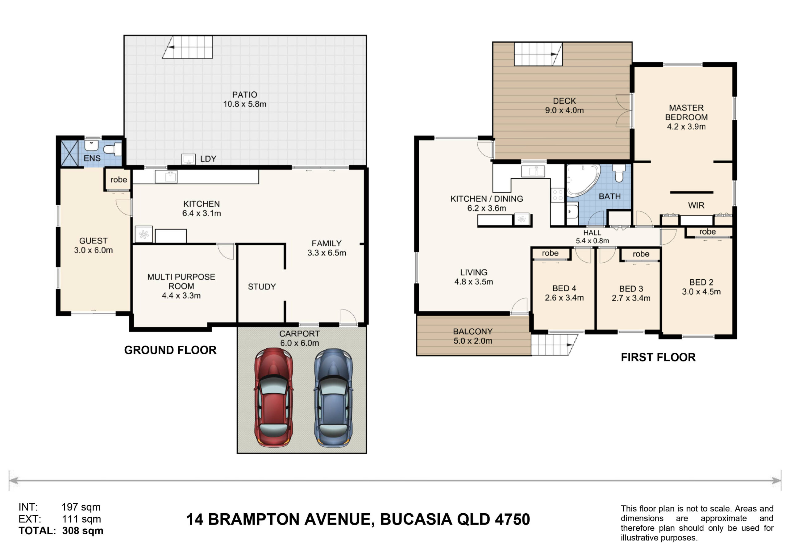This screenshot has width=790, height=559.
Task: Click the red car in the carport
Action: click(273, 398)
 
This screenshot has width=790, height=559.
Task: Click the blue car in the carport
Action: click(333, 398)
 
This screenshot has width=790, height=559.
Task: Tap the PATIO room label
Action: click(245, 95)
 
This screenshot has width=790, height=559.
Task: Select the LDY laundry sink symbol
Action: click(189, 159)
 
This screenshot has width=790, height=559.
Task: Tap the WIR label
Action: click(696, 206)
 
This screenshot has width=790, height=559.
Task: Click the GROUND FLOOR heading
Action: click(170, 350)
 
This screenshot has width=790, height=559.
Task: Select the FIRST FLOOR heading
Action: click(658, 357)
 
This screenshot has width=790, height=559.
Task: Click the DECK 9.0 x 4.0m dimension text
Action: click(564, 111)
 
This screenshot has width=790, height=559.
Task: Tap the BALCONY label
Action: click(473, 332)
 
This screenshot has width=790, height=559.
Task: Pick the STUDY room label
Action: click(262, 287)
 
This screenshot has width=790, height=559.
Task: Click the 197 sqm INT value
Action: click(81, 507)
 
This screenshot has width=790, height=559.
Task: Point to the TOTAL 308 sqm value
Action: click(83, 531)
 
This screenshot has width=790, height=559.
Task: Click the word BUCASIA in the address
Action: click(416, 519)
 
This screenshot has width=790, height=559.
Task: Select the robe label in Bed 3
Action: click(641, 254)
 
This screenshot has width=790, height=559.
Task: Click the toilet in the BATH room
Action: click(619, 173)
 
